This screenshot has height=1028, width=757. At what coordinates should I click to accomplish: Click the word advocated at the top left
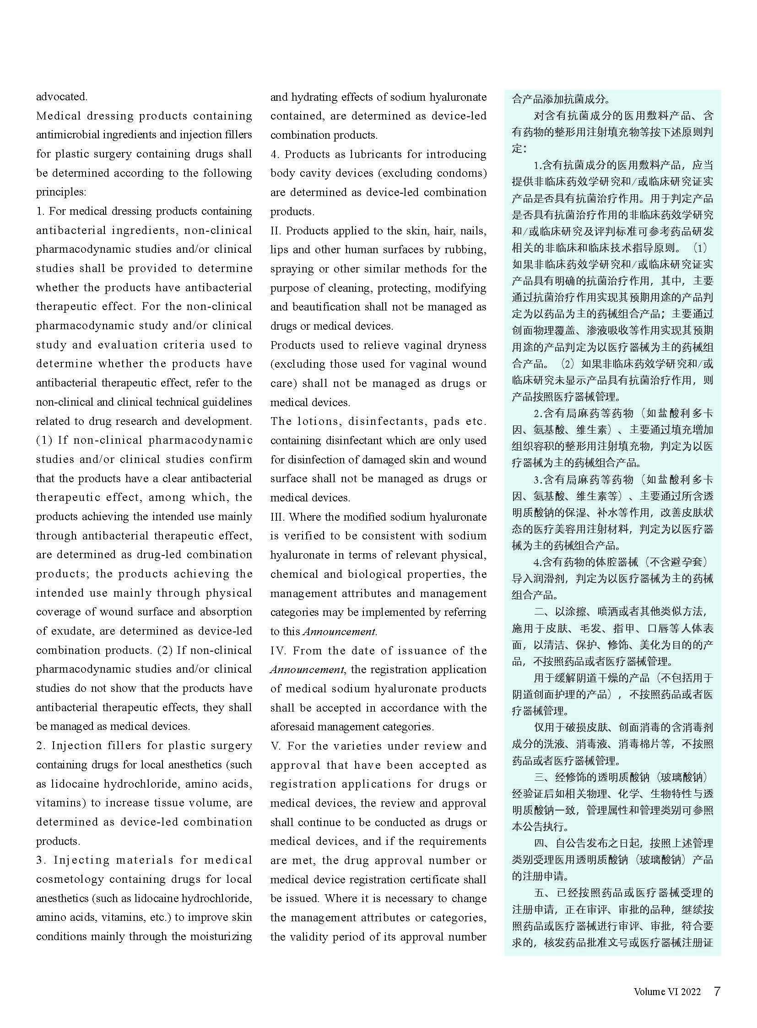click(x=61, y=97)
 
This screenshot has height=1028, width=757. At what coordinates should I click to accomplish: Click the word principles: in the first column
click(x=61, y=192)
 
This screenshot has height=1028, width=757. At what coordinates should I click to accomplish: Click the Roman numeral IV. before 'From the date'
click(x=279, y=650)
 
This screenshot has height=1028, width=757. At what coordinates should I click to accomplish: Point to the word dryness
click(x=461, y=345)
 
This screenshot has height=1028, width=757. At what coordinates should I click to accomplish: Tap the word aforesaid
click(x=292, y=726)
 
